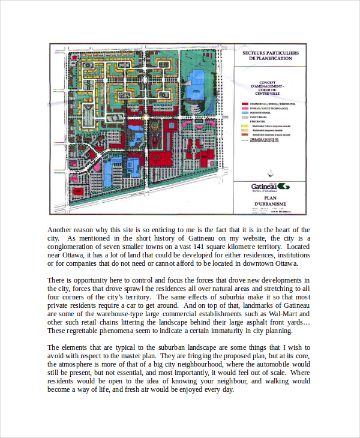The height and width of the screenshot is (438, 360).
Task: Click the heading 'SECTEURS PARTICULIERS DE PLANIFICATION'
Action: (x=268, y=56)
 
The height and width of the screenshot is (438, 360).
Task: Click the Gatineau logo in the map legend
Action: (x=268, y=187)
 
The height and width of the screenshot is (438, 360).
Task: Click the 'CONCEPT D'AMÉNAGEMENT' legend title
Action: (x=268, y=87)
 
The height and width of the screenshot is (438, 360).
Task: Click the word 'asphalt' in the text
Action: (x=235, y=322)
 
